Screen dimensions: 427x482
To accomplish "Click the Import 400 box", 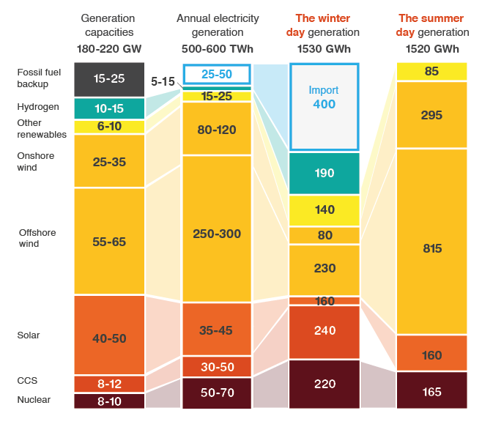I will click(324, 106).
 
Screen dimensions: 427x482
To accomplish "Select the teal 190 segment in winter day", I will click(324, 173).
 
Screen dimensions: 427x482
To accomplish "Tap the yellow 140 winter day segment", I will click(324, 209).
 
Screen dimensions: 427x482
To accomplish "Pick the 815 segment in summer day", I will click(431, 249).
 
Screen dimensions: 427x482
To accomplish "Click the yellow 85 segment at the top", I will click(431, 72).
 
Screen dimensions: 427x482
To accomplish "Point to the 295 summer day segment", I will click(431, 115).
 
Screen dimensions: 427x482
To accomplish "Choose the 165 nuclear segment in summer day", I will click(431, 392).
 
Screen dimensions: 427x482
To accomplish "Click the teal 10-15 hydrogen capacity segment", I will click(109, 108).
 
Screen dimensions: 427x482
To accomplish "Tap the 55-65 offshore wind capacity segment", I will click(109, 241).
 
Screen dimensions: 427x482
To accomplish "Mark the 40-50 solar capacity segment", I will click(109, 338).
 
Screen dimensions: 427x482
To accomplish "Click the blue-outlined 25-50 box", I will click(216, 75).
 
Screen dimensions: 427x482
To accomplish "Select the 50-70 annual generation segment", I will click(216, 393).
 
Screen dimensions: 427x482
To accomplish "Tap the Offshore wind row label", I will click(37, 238).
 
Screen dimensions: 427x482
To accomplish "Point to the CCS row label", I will click(27, 381).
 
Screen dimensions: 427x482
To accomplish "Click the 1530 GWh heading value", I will click(323, 49).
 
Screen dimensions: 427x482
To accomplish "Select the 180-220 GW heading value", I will click(109, 49).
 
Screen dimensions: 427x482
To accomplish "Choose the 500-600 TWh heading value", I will click(217, 49).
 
